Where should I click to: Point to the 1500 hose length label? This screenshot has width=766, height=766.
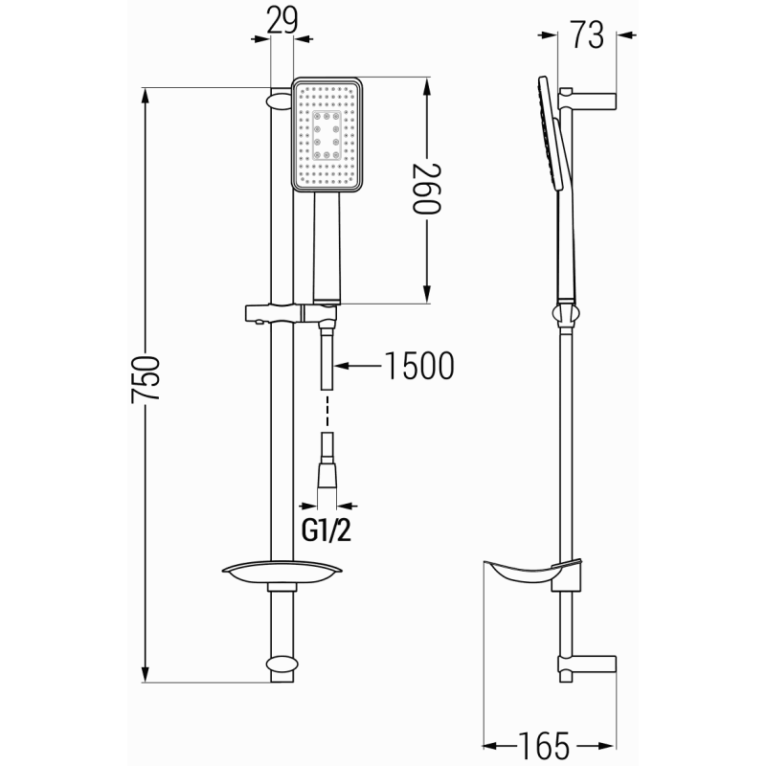[417, 366]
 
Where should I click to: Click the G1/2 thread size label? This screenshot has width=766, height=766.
[326, 529]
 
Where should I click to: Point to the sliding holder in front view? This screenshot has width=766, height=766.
[287, 313]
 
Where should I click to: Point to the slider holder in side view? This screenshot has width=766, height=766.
[565, 313]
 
